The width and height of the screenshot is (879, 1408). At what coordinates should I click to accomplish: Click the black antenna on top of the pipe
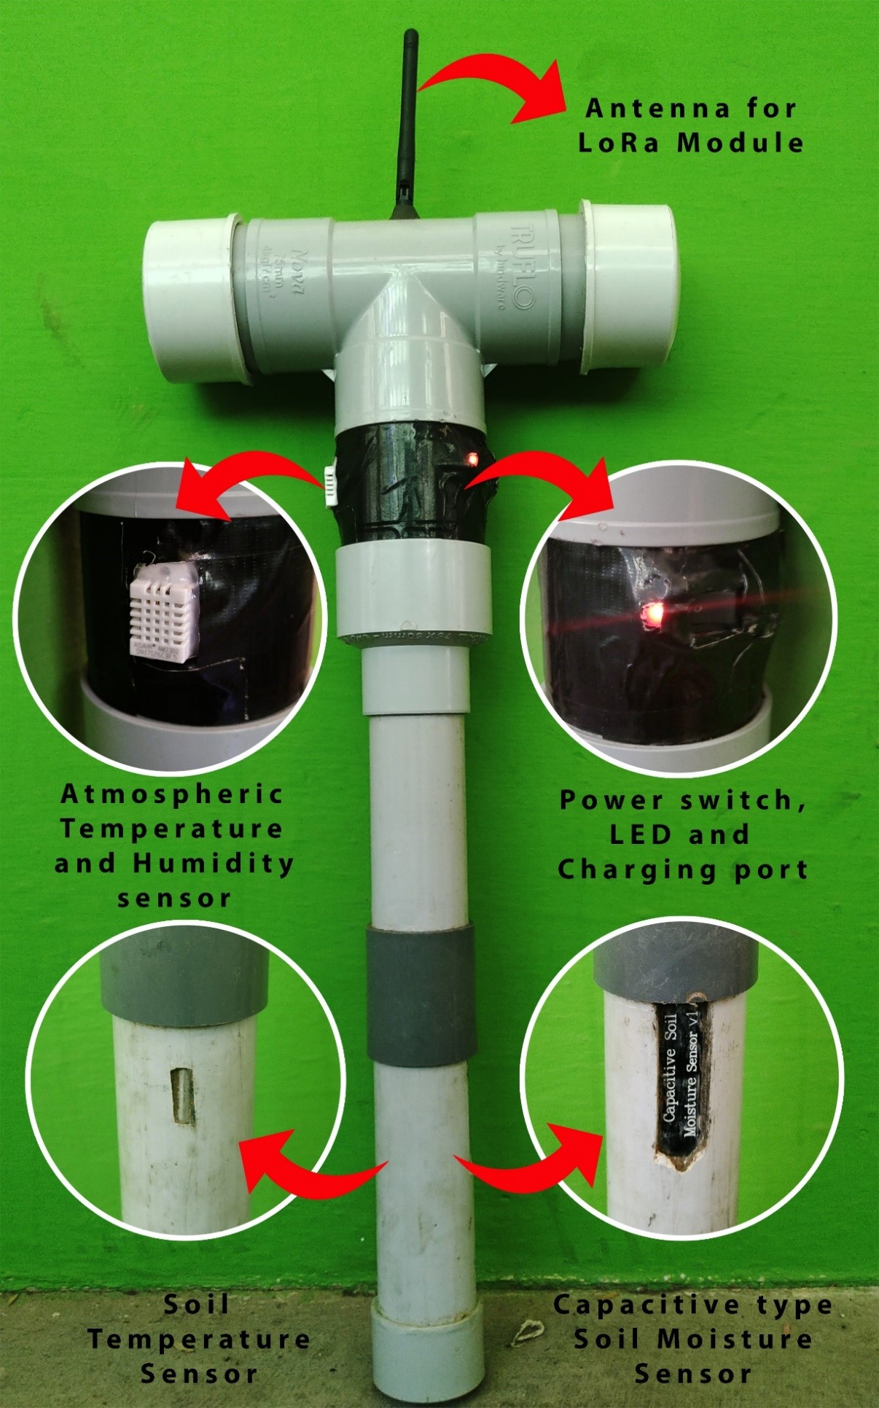click(405, 124)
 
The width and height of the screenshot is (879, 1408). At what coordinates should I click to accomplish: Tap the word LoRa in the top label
click(619, 142)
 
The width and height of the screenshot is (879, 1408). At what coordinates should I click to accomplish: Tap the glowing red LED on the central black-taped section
click(472, 459)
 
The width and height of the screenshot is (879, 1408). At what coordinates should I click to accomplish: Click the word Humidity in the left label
click(214, 864)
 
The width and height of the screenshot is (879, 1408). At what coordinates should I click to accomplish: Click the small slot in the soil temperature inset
click(181, 1094)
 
